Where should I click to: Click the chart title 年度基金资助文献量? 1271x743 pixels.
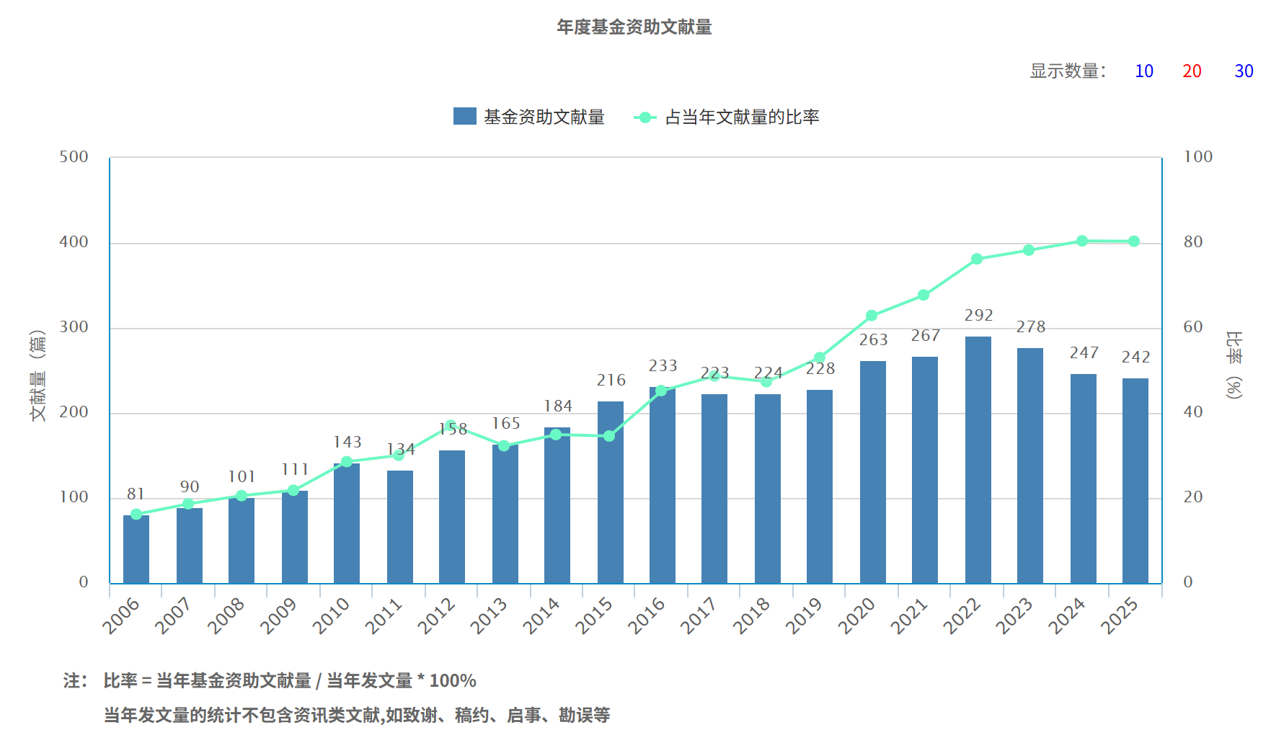tap(634, 27)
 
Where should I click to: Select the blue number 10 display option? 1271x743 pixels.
tap(1143, 71)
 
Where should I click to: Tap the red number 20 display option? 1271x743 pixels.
tap(1192, 71)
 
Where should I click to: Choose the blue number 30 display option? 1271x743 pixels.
tap(1244, 71)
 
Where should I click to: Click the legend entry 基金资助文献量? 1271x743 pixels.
tap(529, 117)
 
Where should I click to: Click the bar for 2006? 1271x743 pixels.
tap(136, 549)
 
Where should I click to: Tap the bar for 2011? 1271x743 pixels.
tap(400, 527)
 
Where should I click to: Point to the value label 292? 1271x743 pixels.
tap(978, 316)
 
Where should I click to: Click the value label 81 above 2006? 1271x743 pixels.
tap(136, 494)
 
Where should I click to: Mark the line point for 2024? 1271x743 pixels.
tap(1081, 241)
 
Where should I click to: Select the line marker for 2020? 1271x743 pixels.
tap(872, 316)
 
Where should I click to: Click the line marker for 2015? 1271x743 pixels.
tap(609, 436)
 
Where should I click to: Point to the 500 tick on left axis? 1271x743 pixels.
tap(74, 157)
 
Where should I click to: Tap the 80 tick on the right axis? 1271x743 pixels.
tap(1193, 242)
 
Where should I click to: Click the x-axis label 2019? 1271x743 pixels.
tap(804, 616)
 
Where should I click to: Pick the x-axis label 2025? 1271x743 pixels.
tap(1120, 616)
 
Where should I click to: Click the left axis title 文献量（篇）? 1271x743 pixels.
tap(37, 375)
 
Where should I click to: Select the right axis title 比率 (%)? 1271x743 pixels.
tap(1234, 365)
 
